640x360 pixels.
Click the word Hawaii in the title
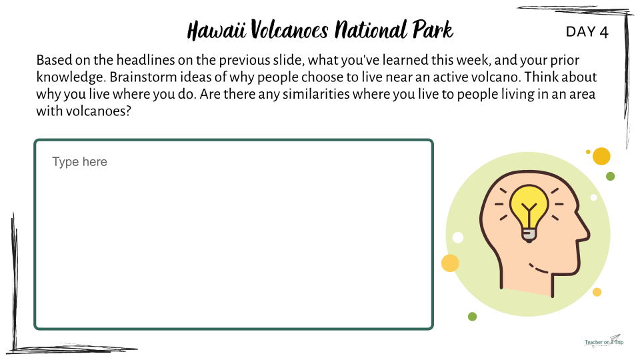tap(216, 30)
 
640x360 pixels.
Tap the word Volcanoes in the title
tap(289, 29)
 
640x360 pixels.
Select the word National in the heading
tap(371, 29)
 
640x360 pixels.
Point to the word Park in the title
tap(433, 29)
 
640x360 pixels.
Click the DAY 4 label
tap(587, 32)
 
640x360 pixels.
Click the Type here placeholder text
tap(79, 161)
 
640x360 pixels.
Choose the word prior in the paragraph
tap(565, 61)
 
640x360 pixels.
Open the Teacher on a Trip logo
tap(604, 341)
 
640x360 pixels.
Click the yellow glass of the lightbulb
tap(529, 204)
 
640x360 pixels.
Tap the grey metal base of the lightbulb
tap(529, 234)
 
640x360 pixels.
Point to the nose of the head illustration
tap(585, 233)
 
